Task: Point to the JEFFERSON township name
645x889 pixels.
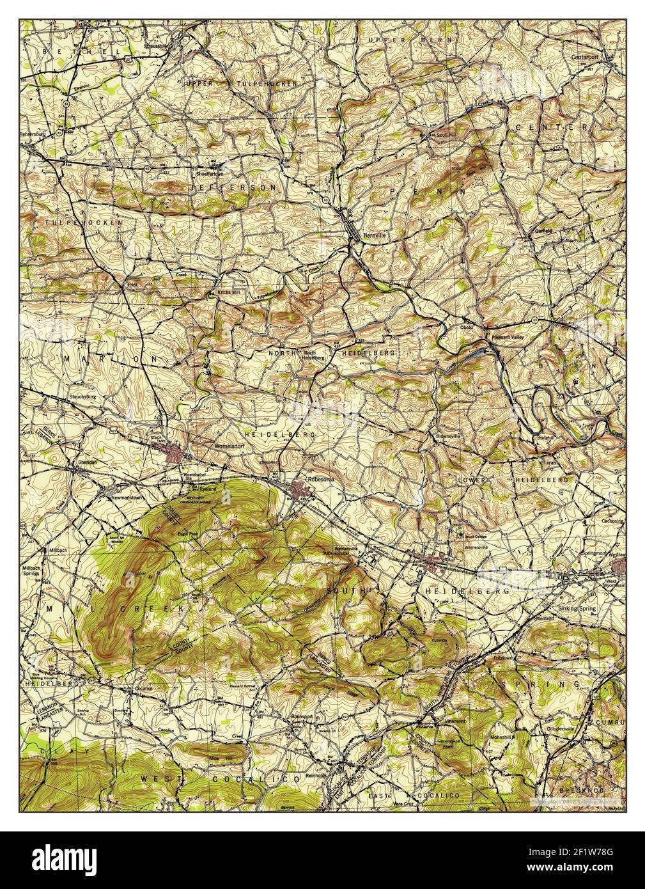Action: pos(236,188)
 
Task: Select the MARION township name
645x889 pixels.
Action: pos(109,359)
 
